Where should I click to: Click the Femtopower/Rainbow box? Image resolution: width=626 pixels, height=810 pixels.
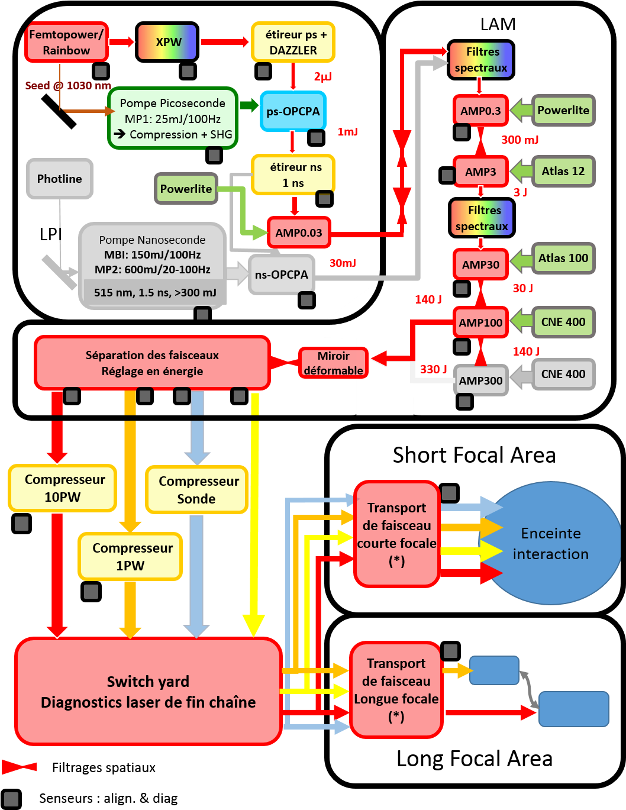pyautogui.click(x=66, y=42)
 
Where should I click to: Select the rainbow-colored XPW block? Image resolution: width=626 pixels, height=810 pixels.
pyautogui.click(x=167, y=42)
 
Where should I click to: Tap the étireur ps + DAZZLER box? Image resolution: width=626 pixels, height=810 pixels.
pyautogui.click(x=293, y=42)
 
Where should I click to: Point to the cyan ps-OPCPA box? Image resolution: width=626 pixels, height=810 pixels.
pyautogui.click(x=293, y=111)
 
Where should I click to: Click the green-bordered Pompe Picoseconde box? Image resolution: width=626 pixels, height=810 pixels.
pyautogui.click(x=173, y=118)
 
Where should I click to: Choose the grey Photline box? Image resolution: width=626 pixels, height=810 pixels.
pyautogui.click(x=60, y=179)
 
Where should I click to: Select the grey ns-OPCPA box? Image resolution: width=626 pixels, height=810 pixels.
pyautogui.click(x=282, y=275)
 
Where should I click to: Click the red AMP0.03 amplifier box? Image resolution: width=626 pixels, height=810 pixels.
pyautogui.click(x=299, y=233)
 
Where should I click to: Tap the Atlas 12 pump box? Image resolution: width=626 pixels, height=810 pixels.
pyautogui.click(x=563, y=171)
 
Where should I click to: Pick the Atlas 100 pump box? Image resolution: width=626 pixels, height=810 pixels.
pyautogui.click(x=563, y=258)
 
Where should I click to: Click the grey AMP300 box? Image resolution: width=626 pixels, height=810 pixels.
pyautogui.click(x=480, y=380)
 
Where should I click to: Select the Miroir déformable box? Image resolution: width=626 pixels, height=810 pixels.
pyautogui.click(x=333, y=363)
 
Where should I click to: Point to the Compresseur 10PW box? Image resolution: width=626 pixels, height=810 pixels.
pyautogui.click(x=63, y=488)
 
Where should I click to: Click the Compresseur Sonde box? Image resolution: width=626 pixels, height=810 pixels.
pyautogui.click(x=196, y=489)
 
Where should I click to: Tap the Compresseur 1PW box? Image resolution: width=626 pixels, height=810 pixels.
pyautogui.click(x=130, y=557)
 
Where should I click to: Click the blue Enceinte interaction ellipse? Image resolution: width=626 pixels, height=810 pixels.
pyautogui.click(x=551, y=543)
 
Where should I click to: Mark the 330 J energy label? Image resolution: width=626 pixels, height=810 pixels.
pyautogui.click(x=433, y=369)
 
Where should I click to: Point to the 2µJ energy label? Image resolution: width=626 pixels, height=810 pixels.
pyautogui.click(x=322, y=76)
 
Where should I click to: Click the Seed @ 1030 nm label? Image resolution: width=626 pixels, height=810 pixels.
pyautogui.click(x=68, y=86)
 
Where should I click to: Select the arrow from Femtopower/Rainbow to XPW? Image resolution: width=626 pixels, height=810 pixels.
pyautogui.click(x=122, y=42)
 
